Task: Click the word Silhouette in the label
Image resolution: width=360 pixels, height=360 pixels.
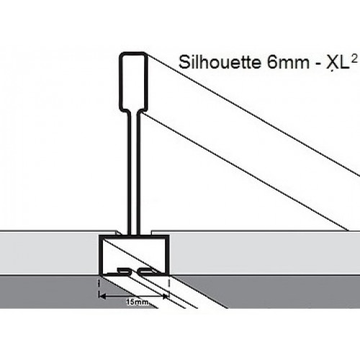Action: pos(220,63)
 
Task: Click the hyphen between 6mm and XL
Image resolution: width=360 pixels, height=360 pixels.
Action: pos(318,64)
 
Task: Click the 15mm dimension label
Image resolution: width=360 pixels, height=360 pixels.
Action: pos(137,302)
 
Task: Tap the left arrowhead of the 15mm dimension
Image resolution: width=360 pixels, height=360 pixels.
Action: pos(102,297)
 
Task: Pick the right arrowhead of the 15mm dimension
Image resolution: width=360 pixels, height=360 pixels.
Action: pos(166,297)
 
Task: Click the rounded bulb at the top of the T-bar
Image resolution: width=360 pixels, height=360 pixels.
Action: pos(133,81)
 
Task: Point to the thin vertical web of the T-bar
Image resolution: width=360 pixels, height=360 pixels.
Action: pos(133,173)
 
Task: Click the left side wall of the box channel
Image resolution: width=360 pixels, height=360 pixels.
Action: pos(101,255)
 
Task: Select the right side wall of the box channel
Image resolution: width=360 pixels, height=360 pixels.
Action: pos(168,255)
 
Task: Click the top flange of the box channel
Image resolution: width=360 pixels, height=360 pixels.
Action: pos(134,237)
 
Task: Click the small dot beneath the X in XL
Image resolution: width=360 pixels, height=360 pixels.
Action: pos(331,71)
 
